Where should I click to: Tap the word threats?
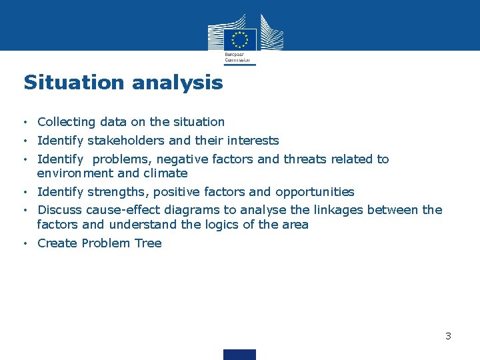point(304,159)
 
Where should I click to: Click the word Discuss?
point(59,210)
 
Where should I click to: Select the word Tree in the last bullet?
point(148,243)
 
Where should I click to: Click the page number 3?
point(449,336)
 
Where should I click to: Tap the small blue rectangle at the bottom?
point(239,354)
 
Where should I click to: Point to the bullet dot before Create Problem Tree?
point(25,243)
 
